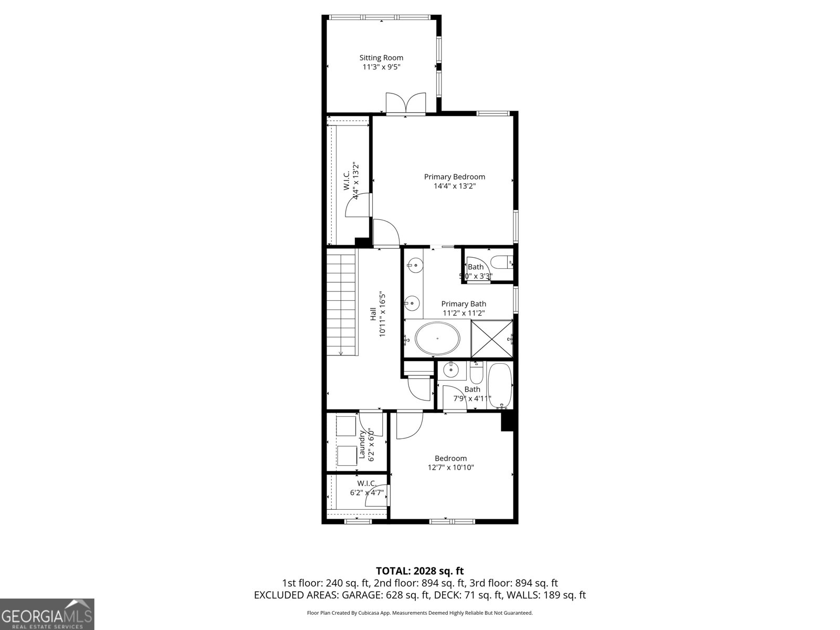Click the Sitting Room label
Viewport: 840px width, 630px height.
(x=381, y=58)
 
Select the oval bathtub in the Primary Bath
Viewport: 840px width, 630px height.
(x=437, y=339)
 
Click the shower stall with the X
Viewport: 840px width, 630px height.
(x=492, y=339)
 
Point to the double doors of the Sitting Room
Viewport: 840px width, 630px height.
(x=405, y=103)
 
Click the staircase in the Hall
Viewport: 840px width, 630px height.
(x=342, y=303)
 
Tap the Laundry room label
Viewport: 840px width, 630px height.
(x=362, y=444)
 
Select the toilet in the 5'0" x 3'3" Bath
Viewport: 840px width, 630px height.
(x=501, y=261)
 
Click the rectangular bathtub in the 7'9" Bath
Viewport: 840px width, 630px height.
(x=500, y=386)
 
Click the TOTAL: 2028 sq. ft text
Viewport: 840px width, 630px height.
(x=419, y=571)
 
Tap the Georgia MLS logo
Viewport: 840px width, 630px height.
(x=47, y=614)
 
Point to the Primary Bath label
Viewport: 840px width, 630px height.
(x=464, y=303)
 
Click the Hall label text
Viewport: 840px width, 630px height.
(x=373, y=314)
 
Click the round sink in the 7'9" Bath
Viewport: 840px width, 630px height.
(x=451, y=371)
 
